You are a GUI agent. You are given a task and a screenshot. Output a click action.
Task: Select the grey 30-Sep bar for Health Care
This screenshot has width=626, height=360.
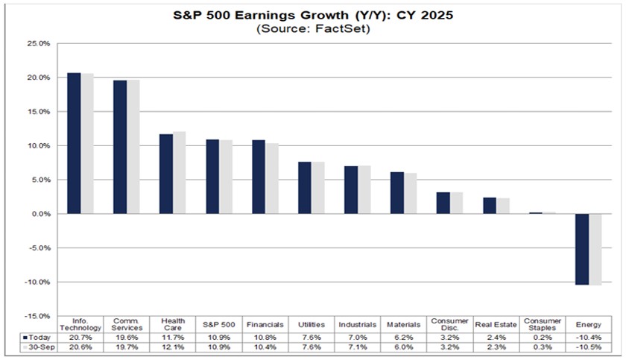(179, 173)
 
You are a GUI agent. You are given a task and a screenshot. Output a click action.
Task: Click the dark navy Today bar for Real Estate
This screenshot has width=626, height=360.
(490, 206)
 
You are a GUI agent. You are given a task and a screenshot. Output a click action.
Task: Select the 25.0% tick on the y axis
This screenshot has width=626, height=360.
(39, 44)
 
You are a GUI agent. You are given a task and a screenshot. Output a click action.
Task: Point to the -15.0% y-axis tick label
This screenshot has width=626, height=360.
(38, 316)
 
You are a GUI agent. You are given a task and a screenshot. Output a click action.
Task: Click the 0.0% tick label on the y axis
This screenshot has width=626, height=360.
(40, 214)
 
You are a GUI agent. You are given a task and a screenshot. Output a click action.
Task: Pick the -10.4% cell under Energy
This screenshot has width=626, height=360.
(588, 338)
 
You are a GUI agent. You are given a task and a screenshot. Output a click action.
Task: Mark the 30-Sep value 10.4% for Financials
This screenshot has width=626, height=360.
(265, 349)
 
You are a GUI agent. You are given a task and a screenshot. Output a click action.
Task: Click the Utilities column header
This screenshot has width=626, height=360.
(311, 326)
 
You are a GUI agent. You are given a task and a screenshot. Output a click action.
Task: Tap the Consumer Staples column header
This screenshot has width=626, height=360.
(542, 325)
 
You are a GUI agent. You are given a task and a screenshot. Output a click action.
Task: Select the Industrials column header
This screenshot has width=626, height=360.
(357, 326)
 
